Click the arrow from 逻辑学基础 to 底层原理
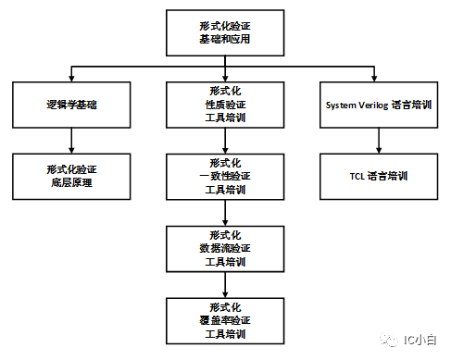click(x=71, y=141)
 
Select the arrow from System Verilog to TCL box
click(x=379, y=141)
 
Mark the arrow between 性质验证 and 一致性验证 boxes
click(x=225, y=141)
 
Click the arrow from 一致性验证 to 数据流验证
click(x=225, y=213)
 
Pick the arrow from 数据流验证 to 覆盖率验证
click(x=225, y=285)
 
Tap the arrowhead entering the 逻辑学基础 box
click(x=71, y=79)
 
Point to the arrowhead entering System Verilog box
click(x=374, y=79)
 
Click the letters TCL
click(x=357, y=177)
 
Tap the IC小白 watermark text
click(x=420, y=340)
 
